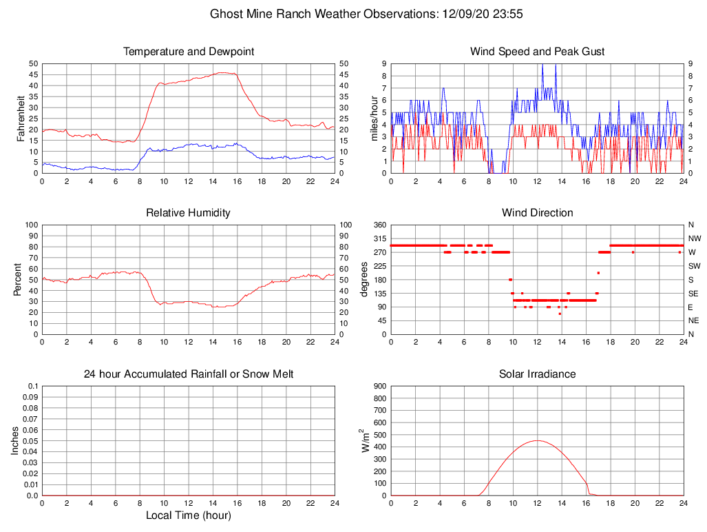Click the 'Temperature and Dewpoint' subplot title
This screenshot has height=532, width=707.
click(189, 52)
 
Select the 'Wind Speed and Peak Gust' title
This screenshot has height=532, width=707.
click(537, 52)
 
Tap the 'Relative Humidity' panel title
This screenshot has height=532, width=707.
click(189, 213)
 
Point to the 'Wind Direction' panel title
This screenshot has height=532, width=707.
click(537, 213)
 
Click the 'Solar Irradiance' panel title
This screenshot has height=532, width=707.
click(537, 374)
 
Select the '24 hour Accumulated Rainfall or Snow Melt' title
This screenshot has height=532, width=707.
click(189, 374)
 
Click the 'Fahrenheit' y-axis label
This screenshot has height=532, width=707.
click(22, 119)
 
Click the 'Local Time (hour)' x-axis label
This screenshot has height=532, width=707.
click(189, 515)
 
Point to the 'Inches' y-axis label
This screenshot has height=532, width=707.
click(15, 441)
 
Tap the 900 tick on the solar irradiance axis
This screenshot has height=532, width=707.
click(379, 387)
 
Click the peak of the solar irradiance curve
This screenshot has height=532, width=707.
click(537, 440)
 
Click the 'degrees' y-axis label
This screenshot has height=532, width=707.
click(364, 280)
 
